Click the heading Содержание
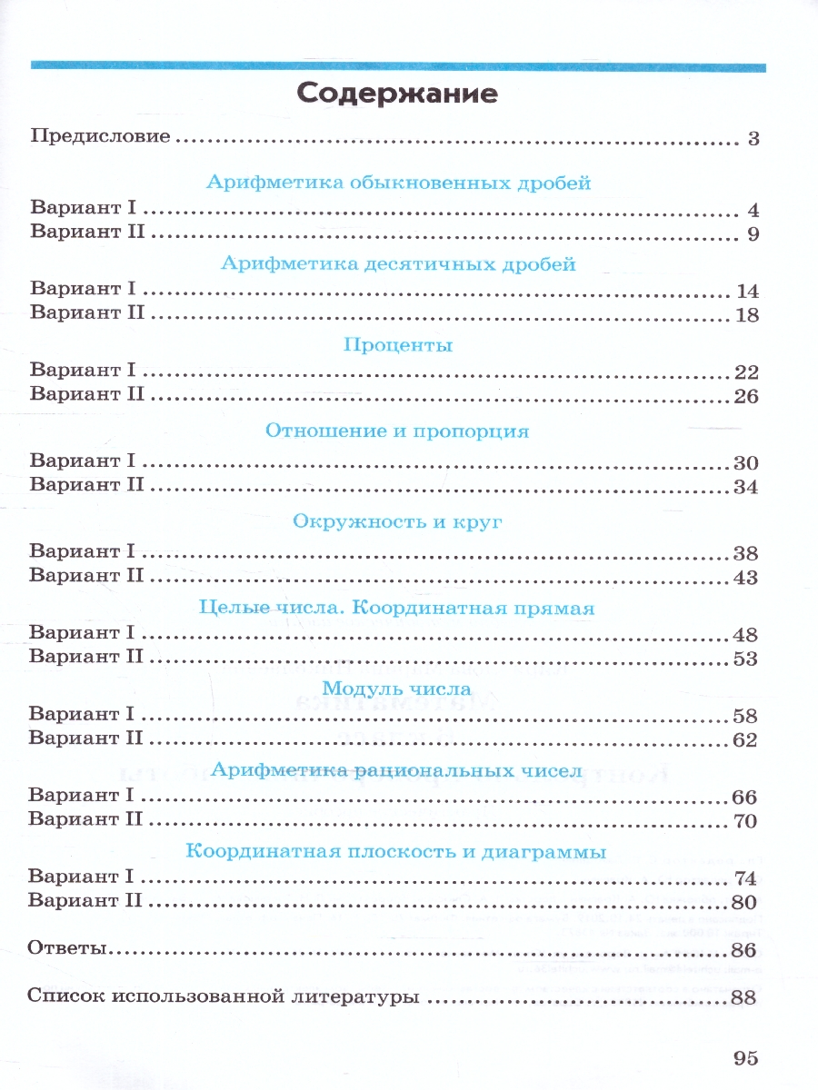(x=397, y=94)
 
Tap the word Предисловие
(x=101, y=138)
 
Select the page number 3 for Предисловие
(x=753, y=139)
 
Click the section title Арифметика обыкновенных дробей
(x=399, y=183)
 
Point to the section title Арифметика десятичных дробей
(x=398, y=264)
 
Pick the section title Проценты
(x=398, y=345)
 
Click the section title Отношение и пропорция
(x=397, y=431)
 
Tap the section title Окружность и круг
(x=398, y=522)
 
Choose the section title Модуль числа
(x=397, y=689)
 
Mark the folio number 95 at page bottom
(x=743, y=1057)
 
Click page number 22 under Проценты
(x=743, y=372)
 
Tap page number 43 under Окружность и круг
(x=743, y=578)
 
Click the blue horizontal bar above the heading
(x=397, y=65)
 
